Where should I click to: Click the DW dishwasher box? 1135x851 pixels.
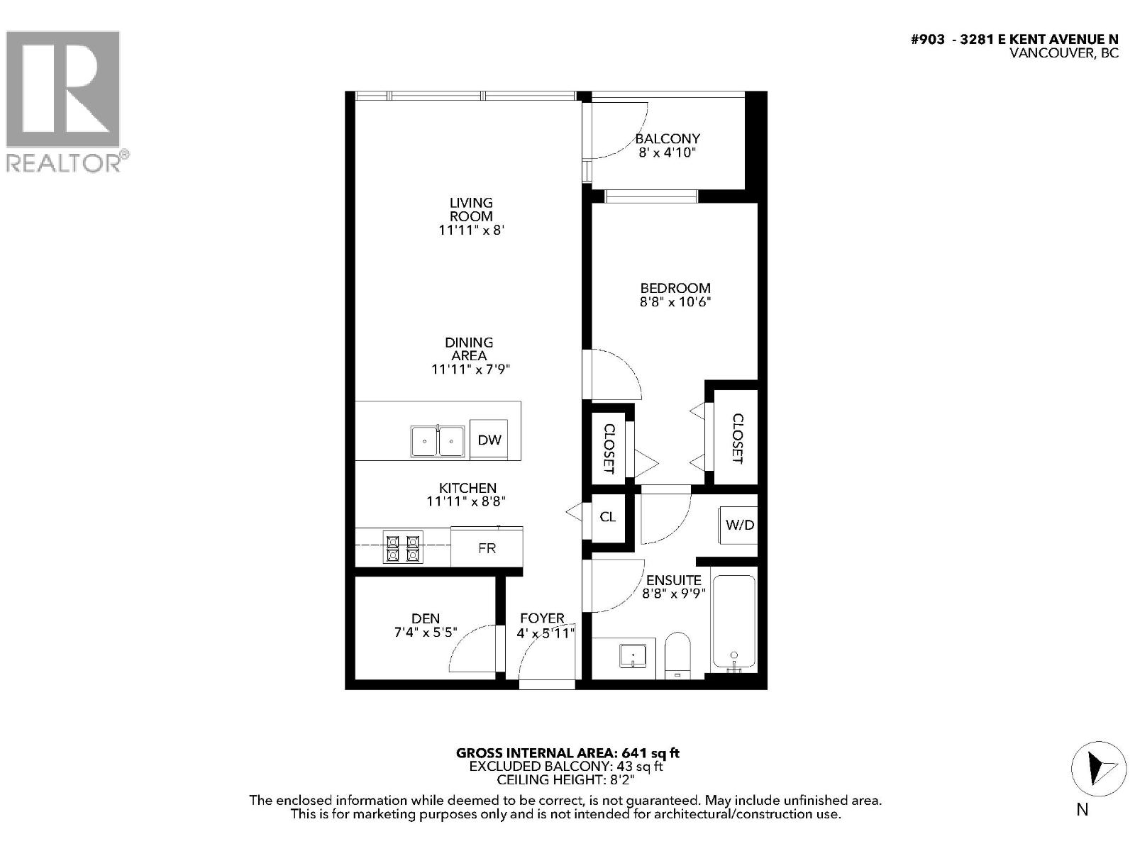click(489, 440)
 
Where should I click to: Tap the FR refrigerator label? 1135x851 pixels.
click(487, 548)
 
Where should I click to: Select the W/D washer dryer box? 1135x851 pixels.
click(739, 525)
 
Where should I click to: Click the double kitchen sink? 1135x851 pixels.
click(438, 441)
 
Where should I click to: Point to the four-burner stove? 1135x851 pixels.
click(403, 547)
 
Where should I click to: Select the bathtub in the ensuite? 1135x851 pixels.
click(734, 623)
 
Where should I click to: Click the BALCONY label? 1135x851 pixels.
click(668, 138)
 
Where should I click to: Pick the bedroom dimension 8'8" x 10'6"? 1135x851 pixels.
click(675, 302)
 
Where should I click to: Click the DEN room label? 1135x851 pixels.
click(425, 618)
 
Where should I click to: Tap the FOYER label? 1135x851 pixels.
click(542, 618)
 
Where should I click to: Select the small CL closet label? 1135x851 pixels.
click(607, 516)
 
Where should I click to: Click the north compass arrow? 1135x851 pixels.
click(1098, 769)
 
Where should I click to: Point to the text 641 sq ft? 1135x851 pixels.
click(650, 753)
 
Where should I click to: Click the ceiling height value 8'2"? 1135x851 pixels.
click(618, 779)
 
